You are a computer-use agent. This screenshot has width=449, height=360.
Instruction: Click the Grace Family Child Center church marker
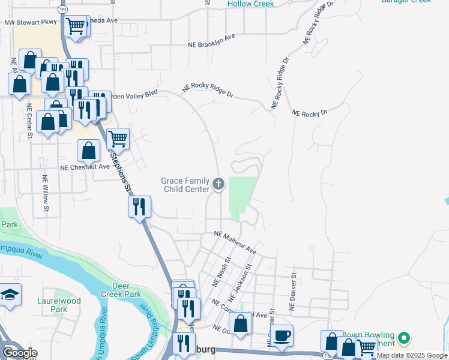pos(218,184)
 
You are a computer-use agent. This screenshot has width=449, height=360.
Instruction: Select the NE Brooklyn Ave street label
pos(211,40)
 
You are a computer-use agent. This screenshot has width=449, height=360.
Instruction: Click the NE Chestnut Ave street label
pos(85,167)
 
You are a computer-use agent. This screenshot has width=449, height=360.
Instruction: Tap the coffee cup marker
pos(282,335)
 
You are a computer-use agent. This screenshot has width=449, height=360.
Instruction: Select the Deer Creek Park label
pos(122,290)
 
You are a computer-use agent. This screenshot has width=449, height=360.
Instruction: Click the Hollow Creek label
pos(250,4)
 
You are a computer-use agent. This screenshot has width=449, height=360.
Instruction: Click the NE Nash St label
pos(223,271)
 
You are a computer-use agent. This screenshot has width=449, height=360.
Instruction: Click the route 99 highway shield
pos(63,11)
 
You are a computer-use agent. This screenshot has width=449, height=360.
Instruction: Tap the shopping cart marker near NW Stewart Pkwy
pos(76,26)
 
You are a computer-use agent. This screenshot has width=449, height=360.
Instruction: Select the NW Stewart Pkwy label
pos(29,23)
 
